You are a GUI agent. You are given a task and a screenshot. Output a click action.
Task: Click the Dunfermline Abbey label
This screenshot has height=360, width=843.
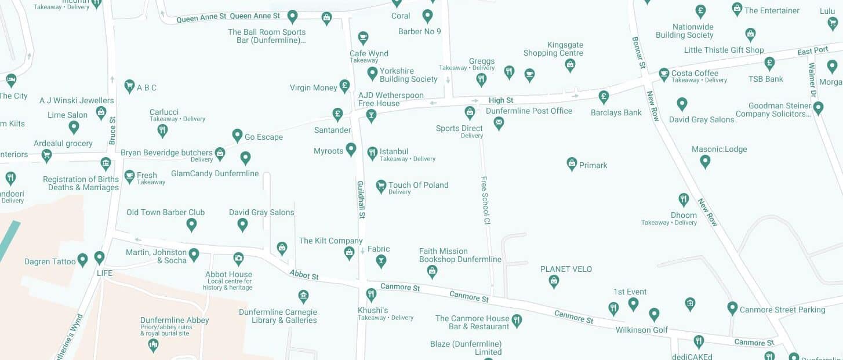coord(175,320)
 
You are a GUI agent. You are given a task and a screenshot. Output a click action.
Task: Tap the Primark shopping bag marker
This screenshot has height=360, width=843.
coord(572,163)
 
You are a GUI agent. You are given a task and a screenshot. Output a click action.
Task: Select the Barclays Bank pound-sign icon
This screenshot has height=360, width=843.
coord(604,96)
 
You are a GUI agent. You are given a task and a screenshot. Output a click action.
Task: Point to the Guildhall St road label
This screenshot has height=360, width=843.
coord(361,199)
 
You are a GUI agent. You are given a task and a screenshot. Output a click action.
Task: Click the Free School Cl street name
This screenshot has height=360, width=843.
coord(486,200)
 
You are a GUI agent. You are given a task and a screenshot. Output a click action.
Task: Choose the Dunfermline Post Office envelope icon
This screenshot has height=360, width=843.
coord(499,123)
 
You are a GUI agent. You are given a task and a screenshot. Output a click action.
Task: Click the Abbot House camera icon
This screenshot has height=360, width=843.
coord(238,258)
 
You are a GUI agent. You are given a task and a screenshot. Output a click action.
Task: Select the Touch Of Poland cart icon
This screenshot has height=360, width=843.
coord(381,186)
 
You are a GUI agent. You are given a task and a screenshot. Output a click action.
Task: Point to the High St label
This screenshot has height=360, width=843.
coord(501,101)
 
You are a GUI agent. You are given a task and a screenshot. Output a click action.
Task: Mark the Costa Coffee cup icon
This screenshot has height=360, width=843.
coord(664,74)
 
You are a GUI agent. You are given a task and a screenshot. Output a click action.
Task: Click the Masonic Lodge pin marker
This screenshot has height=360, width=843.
coord(705,161)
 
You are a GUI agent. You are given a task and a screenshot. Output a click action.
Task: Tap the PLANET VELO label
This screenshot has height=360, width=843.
coord(566,269)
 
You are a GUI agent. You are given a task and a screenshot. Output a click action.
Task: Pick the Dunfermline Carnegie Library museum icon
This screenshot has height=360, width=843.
coord(303,297)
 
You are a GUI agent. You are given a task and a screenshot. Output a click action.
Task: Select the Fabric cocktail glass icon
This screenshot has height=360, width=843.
coord(380,261)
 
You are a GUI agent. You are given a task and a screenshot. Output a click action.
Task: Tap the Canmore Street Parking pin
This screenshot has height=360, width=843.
coord(732,308)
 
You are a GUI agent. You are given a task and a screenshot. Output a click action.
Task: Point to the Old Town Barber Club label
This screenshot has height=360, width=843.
coord(165,212)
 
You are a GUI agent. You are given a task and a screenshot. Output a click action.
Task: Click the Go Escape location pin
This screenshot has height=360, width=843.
coord(237,135)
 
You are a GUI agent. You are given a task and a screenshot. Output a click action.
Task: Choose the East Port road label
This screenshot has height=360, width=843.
coord(813,51)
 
